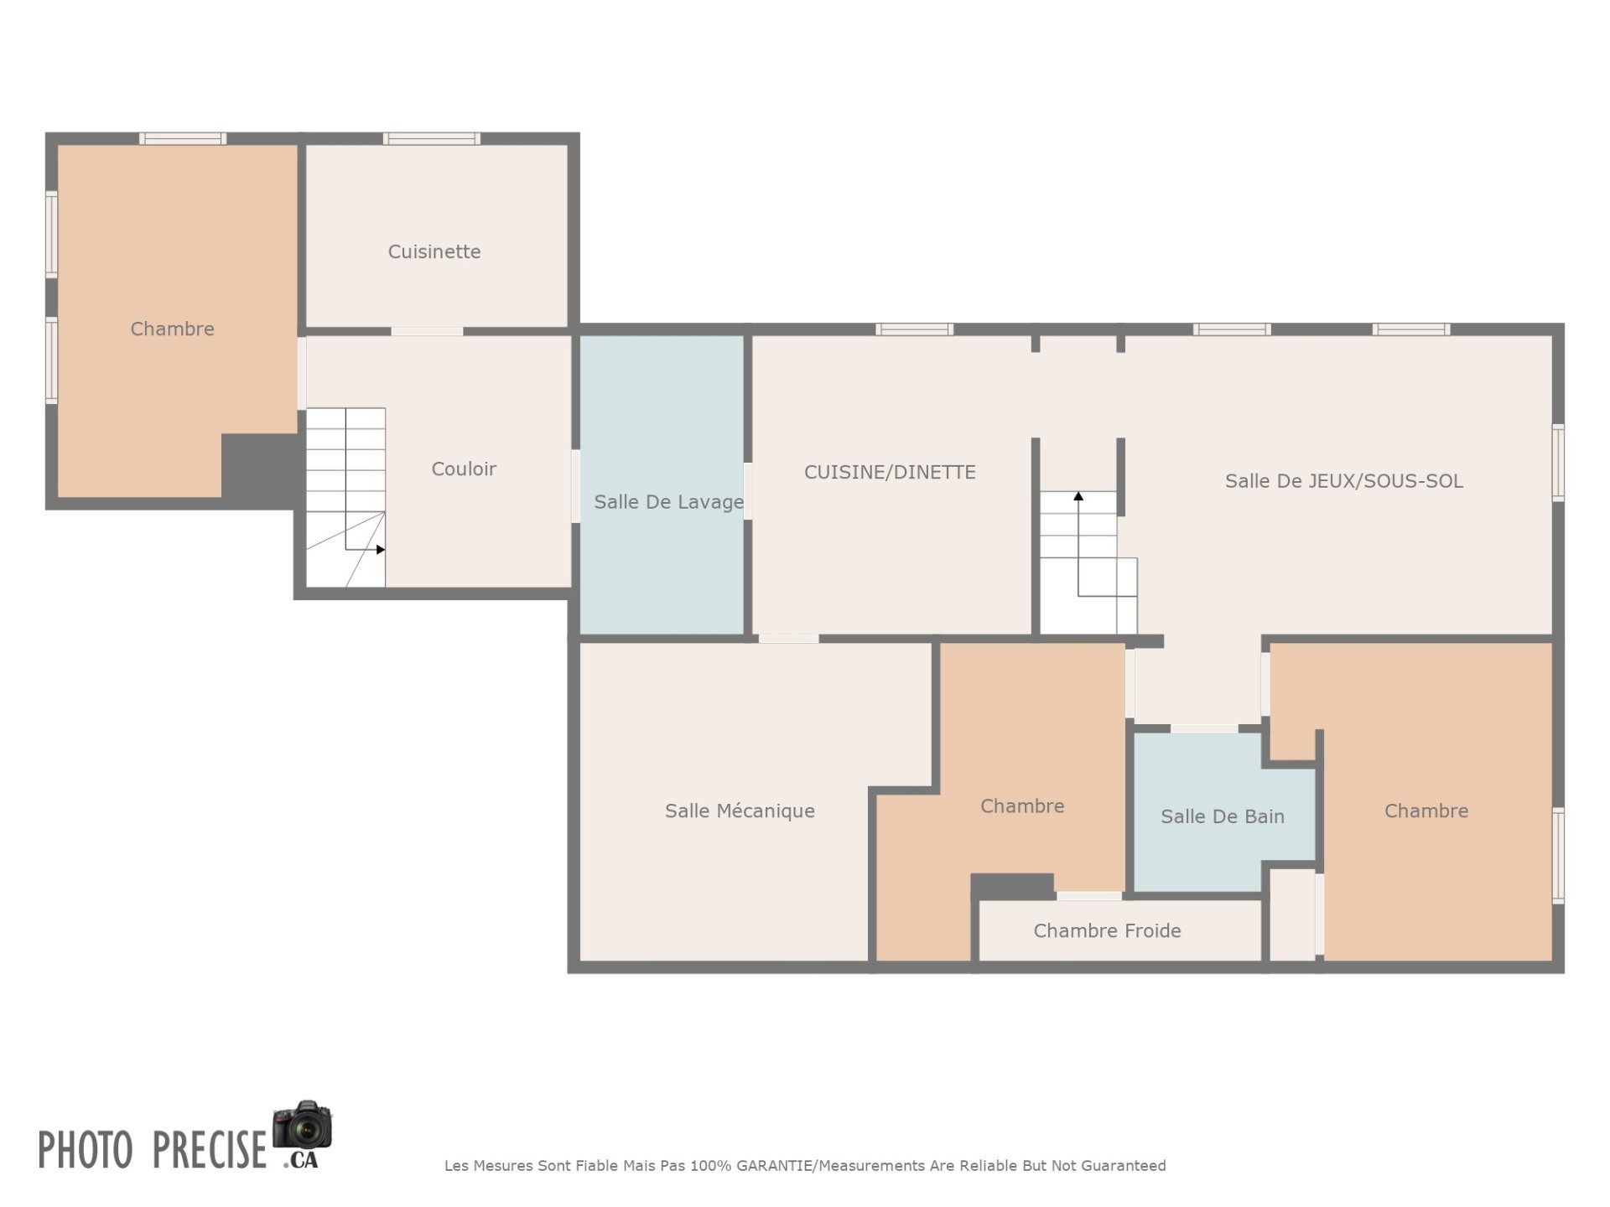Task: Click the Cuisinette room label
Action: point(434,251)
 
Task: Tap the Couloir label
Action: point(464,469)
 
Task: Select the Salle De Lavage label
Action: point(669,502)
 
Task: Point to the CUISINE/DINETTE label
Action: point(890,472)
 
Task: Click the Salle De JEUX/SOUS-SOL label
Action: point(1344,481)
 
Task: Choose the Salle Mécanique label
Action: point(740,811)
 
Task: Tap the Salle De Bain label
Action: point(1223,816)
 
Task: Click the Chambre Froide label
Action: point(1107,930)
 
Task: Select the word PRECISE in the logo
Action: point(210,1149)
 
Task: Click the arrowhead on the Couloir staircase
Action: point(381,550)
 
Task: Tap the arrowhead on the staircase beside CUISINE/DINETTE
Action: point(1078,496)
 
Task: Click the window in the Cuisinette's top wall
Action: point(432,138)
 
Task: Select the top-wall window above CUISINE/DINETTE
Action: point(915,329)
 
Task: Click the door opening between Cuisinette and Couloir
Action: point(427,331)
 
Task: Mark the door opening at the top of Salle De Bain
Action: point(1204,728)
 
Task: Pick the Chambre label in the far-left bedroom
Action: point(172,329)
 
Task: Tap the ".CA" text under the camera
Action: point(301,1161)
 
